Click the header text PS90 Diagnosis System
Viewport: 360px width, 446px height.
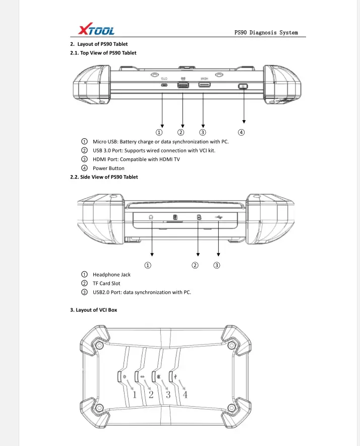pyautogui.click(x=266, y=33)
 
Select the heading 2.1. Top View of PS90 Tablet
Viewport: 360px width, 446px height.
pyautogui.click(x=103, y=53)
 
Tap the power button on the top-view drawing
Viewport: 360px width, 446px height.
pyautogui.click(x=244, y=87)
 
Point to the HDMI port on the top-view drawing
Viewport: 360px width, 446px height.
pyautogui.click(x=205, y=86)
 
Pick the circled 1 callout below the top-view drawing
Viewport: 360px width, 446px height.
pyautogui.click(x=158, y=133)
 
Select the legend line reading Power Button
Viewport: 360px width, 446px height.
pyautogui.click(x=108, y=169)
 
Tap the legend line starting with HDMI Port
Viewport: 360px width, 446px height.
pyautogui.click(x=136, y=159)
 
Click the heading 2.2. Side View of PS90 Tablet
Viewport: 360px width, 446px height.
pyautogui.click(x=104, y=177)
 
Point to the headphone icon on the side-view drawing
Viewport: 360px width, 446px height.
pyautogui.click(x=151, y=217)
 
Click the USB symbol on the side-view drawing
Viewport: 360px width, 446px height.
pyautogui.click(x=218, y=217)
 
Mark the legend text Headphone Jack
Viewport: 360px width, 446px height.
pyautogui.click(x=111, y=274)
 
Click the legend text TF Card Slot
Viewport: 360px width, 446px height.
pyautogui.click(x=106, y=284)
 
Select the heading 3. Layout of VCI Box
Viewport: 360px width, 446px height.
pyautogui.click(x=93, y=310)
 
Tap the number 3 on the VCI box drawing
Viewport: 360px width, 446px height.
pyautogui.click(x=168, y=394)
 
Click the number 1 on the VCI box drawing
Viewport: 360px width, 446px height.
pyautogui.click(x=135, y=394)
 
